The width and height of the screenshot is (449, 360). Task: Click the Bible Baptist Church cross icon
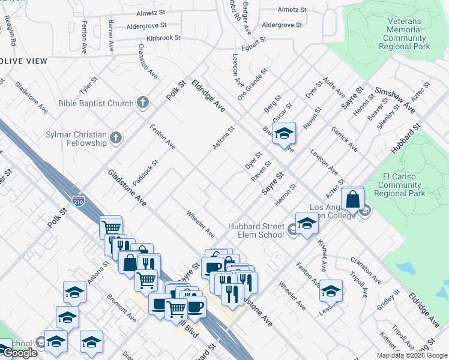click(142, 103)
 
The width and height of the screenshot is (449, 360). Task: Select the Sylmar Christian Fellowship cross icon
click(116, 139)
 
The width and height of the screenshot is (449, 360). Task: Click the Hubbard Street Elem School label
click(256, 230)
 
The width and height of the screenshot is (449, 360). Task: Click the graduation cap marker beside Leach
click(331, 291)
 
